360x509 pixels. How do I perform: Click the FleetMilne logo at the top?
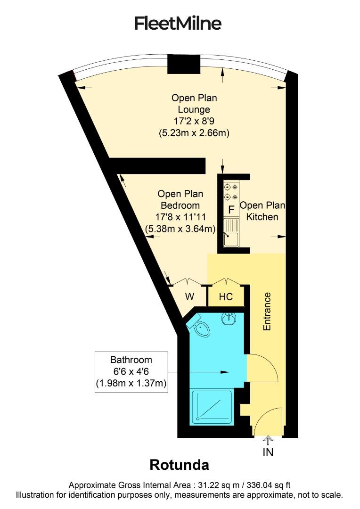[178, 23]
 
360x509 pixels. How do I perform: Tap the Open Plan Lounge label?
[194, 104]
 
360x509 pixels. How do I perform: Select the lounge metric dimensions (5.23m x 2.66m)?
[194, 133]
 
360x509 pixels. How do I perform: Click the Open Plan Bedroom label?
[180, 199]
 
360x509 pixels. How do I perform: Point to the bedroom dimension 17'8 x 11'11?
[180, 217]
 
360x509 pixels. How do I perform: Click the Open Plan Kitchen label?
[262, 211]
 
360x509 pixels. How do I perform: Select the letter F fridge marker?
[231, 209]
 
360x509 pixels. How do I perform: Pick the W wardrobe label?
[189, 297]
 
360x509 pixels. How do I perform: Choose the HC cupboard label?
[227, 297]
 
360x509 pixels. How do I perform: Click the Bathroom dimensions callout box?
[131, 372]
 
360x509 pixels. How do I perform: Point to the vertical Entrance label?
[267, 311]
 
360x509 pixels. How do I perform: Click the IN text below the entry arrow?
[268, 452]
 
